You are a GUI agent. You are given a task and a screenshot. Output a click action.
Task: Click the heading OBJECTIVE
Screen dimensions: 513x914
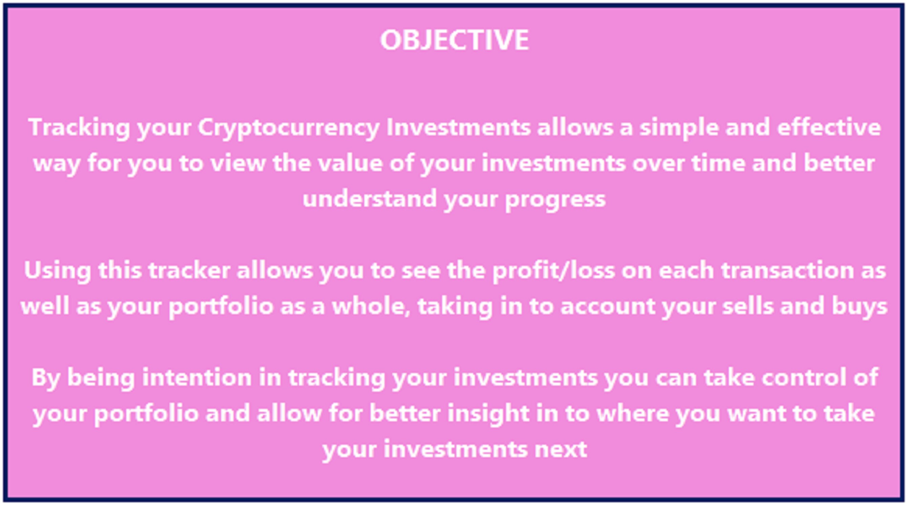[454, 40]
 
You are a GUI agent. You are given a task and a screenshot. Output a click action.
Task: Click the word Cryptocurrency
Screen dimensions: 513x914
[288, 127]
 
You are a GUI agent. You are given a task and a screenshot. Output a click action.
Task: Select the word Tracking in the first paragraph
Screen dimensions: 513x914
[79, 127]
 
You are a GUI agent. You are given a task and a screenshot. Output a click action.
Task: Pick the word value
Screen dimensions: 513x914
[350, 163]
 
